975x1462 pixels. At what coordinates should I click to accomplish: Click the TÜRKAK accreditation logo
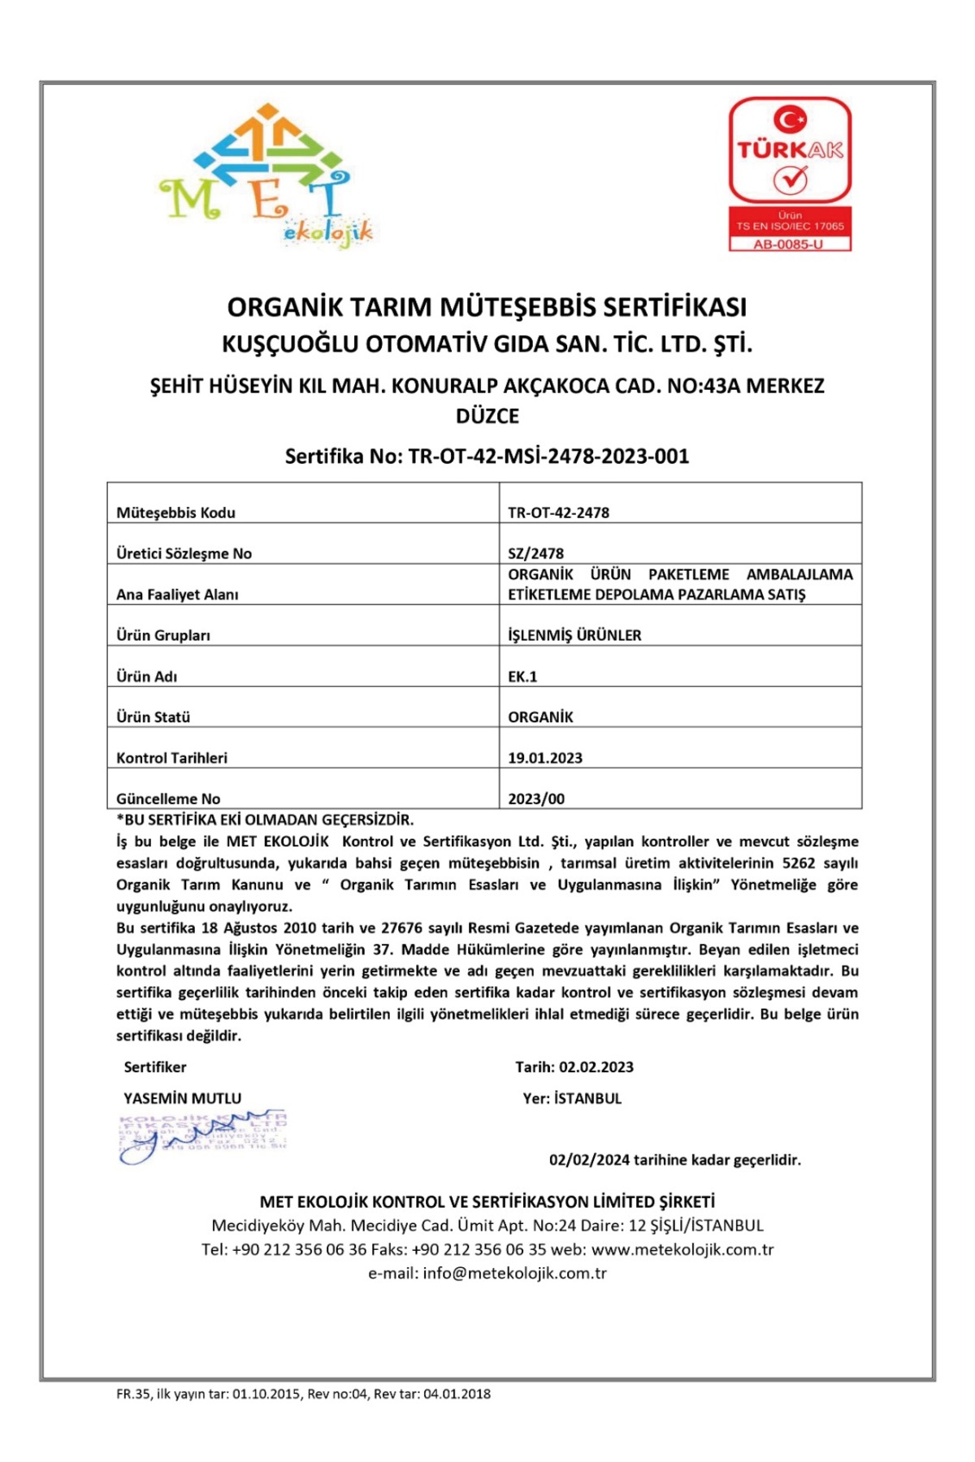click(790, 151)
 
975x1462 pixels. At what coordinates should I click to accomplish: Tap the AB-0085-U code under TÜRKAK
click(789, 244)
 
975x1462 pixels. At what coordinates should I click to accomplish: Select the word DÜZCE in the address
click(487, 417)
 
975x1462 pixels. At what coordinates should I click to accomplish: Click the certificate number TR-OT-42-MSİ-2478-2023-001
click(548, 456)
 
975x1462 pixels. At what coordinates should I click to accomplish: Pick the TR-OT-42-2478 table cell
click(558, 513)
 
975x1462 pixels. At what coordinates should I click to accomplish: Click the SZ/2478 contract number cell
click(535, 554)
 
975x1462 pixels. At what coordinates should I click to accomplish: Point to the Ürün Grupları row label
click(163, 635)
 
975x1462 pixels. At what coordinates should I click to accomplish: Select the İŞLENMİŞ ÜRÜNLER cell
click(574, 635)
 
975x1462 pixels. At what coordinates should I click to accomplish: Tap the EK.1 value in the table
click(522, 677)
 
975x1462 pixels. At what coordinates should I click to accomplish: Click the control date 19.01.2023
click(545, 758)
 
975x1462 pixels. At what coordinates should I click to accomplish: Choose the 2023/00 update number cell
click(536, 799)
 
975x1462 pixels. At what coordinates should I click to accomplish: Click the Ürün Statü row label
click(154, 717)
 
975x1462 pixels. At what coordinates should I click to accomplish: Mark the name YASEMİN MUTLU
click(183, 1098)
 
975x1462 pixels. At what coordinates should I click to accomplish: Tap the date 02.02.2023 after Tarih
click(596, 1067)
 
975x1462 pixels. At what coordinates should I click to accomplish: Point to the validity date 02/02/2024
click(589, 1160)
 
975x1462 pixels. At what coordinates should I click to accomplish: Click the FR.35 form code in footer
click(133, 1394)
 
